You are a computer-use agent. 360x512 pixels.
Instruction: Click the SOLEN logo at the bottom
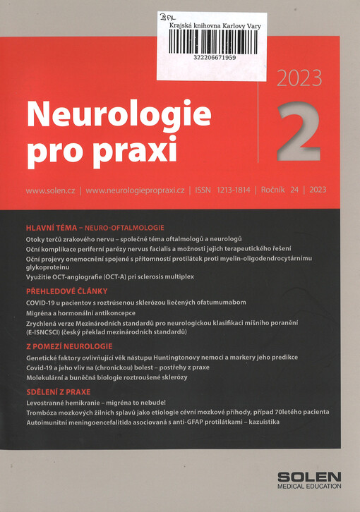[x=309, y=476]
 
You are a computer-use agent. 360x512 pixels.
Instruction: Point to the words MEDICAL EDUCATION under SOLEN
[x=309, y=487]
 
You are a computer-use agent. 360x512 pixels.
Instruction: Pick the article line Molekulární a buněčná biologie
[x=116, y=377]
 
